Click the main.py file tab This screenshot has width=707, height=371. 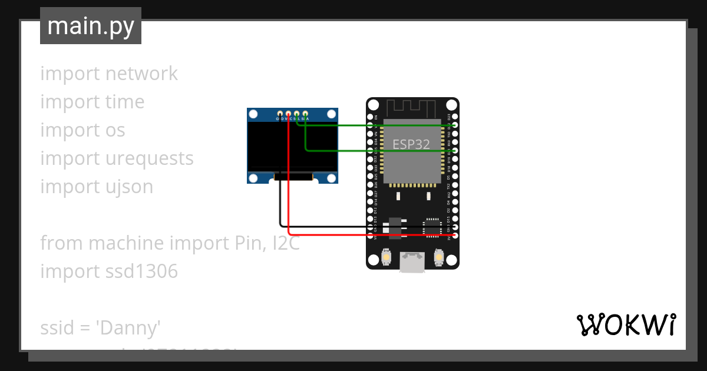tap(91, 26)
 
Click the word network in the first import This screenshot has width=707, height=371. tap(141, 74)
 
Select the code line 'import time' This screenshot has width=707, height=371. tap(92, 102)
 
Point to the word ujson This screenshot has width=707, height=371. tap(129, 187)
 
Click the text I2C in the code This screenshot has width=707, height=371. tap(286, 243)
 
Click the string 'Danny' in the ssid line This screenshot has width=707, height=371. tap(128, 328)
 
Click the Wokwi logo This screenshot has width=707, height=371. tap(626, 324)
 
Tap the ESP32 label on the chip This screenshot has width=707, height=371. tap(411, 144)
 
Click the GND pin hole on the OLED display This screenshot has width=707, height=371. tap(279, 113)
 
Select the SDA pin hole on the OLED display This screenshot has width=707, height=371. tap(305, 113)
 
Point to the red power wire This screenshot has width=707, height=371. tap(365, 236)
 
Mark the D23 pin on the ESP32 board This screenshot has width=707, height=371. tap(455, 117)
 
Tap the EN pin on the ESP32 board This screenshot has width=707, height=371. tap(370, 117)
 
